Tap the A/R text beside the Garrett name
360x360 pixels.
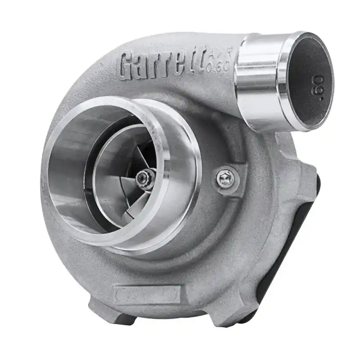(219, 56)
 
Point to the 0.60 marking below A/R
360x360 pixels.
(220, 67)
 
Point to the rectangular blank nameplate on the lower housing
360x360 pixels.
(146, 295)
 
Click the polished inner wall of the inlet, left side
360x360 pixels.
(67, 175)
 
